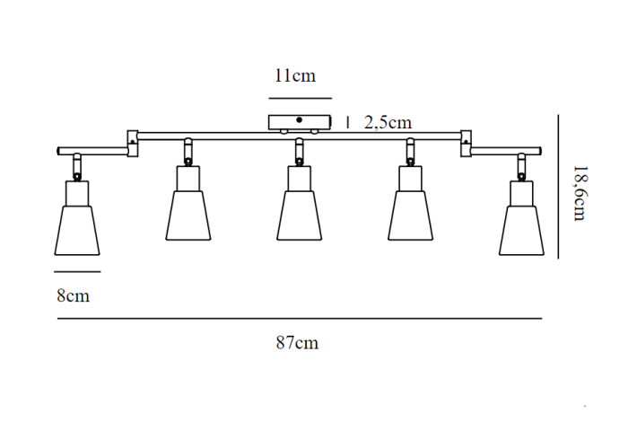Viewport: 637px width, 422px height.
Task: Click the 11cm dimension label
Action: tap(295, 75)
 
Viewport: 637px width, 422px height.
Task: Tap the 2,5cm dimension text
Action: tap(388, 123)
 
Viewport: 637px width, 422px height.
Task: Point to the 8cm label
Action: tap(73, 295)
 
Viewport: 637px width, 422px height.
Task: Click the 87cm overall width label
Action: tap(297, 342)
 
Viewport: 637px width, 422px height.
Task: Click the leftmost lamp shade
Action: tap(76, 229)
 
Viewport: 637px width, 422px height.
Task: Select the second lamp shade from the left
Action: tap(188, 217)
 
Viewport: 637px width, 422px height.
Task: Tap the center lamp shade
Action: tap(299, 217)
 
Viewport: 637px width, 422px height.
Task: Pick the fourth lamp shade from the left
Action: tap(410, 217)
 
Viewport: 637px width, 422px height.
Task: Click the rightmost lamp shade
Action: tap(520, 229)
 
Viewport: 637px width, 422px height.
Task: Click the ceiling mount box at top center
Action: tap(299, 122)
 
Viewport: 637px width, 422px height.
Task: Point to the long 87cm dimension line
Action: tap(300, 319)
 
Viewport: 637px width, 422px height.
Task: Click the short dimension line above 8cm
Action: tap(76, 271)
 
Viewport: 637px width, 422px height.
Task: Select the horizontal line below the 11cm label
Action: tap(300, 97)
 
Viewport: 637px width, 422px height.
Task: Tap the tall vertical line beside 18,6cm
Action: tap(558, 186)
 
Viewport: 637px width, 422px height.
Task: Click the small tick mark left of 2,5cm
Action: tap(348, 122)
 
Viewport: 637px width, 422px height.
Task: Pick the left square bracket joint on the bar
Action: tap(133, 142)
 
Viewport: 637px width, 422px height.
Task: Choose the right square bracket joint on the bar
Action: tap(467, 142)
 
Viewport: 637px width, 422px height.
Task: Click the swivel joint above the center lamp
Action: tap(299, 154)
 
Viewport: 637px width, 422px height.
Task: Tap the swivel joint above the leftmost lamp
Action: tap(76, 167)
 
